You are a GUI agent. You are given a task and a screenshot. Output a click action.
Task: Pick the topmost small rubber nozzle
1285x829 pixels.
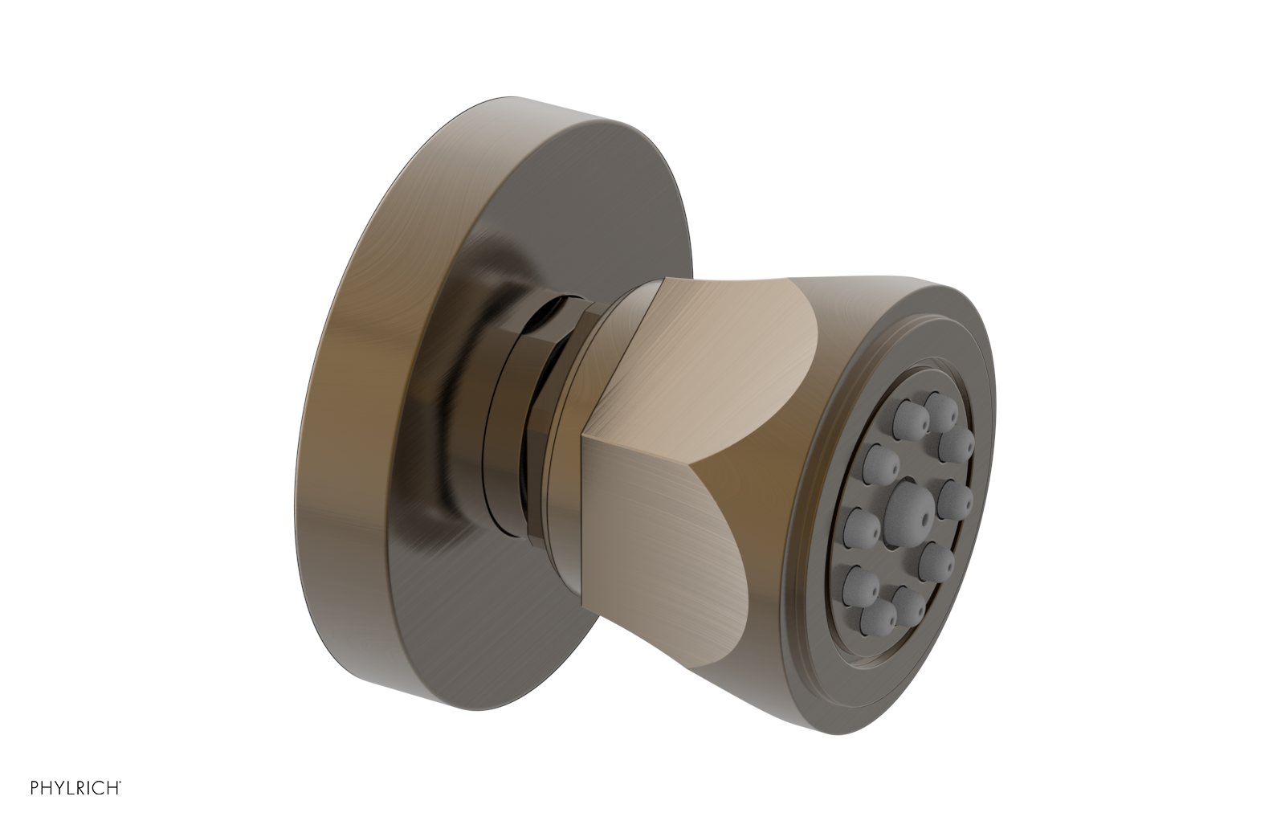click(x=937, y=402)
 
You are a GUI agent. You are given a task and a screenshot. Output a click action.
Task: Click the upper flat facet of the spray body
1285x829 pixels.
click(x=707, y=345)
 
